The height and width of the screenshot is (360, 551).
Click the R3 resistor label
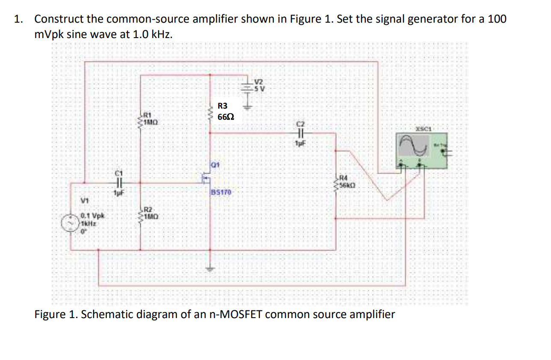(x=223, y=106)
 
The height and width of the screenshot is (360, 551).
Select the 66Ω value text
(x=225, y=117)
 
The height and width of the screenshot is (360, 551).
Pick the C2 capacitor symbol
(x=299, y=133)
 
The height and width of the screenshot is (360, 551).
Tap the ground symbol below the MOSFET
(x=210, y=269)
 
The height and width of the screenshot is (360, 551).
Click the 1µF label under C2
(x=299, y=144)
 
